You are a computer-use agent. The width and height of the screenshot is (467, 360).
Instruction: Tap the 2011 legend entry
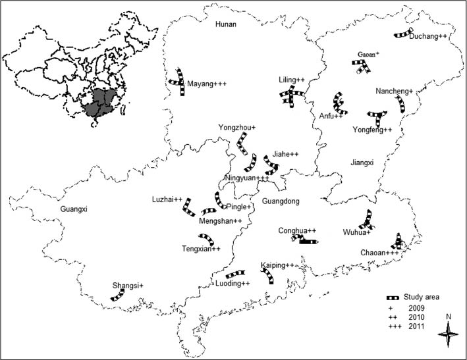(416, 326)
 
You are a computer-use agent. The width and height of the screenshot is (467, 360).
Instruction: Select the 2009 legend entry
(416, 307)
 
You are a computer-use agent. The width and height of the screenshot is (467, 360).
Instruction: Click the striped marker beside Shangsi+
(117, 296)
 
